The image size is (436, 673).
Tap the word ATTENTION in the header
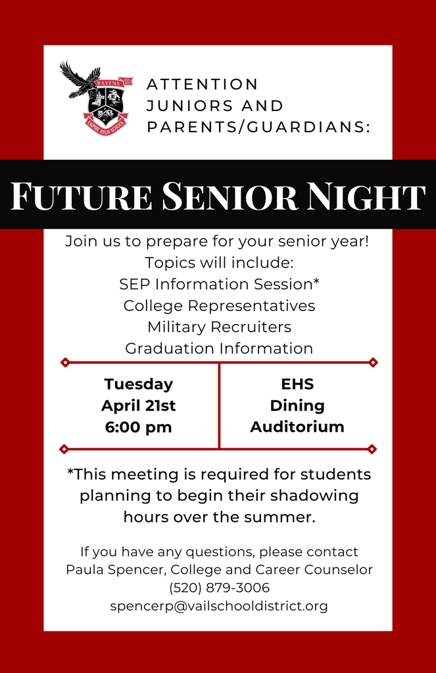point(203,84)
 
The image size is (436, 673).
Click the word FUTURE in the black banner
point(81,195)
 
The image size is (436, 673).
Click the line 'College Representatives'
point(219,306)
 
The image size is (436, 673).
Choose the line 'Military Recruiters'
point(219,327)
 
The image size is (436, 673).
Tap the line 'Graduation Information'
point(219,348)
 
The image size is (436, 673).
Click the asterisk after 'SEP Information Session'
point(316,281)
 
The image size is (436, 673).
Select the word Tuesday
point(138,384)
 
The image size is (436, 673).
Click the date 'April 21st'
point(138,406)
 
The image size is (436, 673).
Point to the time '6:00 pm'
point(138,427)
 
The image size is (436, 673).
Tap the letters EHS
point(297,384)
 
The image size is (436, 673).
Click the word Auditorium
point(297,427)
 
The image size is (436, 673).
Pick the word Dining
point(297,406)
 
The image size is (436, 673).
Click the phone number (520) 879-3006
point(219,588)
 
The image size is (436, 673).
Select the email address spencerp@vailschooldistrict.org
point(219,606)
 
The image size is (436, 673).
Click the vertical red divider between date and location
point(219,406)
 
